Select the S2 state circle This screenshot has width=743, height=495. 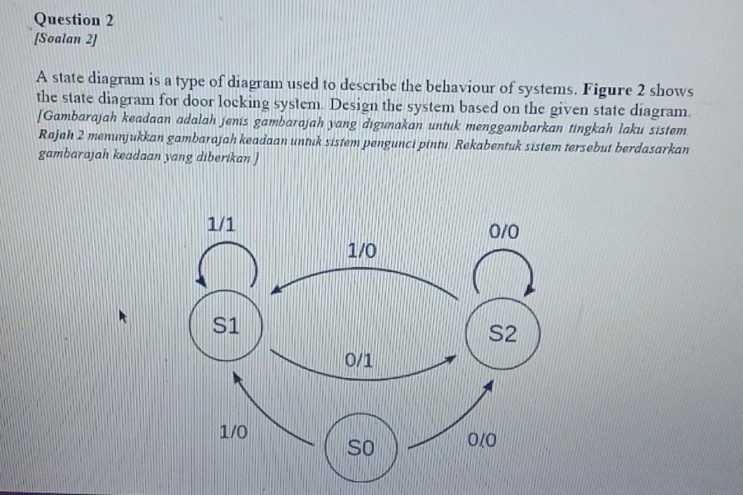(x=502, y=334)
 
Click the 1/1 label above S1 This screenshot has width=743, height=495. (x=221, y=225)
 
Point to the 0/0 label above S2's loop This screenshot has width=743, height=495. (x=504, y=232)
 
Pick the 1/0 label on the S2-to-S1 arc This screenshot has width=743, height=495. (x=361, y=250)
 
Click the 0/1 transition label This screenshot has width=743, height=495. (x=359, y=362)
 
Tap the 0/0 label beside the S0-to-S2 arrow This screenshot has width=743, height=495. (x=483, y=441)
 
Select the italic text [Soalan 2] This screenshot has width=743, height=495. (x=66, y=40)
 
